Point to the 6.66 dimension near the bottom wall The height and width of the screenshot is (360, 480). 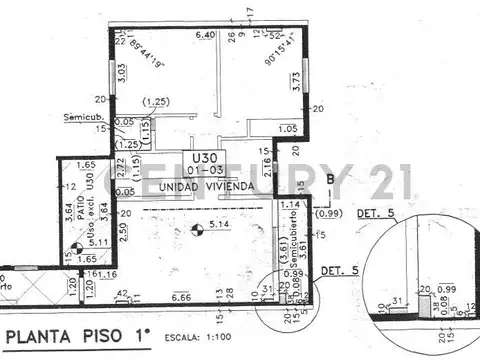[181, 298]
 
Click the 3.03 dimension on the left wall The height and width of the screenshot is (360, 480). [120, 73]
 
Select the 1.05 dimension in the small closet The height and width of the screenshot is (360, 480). [288, 128]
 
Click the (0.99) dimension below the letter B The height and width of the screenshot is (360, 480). [327, 213]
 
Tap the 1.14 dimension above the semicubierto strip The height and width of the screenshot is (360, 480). [290, 205]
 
